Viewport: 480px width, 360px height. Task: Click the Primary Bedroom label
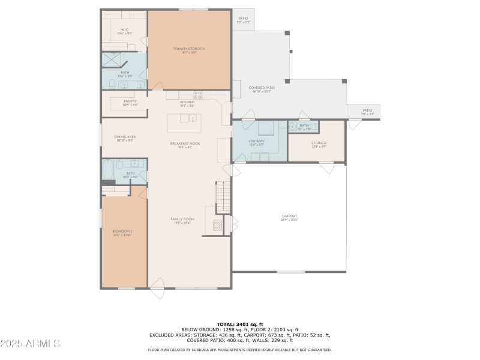[x=189, y=49]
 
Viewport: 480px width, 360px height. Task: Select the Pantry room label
[x=130, y=101]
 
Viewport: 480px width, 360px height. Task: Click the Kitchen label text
[x=187, y=102]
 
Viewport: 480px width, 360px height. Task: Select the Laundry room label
[x=257, y=142]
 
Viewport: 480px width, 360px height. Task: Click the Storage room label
[x=319, y=143]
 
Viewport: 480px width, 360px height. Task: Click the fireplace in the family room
[x=219, y=226]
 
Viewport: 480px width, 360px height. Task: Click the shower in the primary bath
[x=112, y=59]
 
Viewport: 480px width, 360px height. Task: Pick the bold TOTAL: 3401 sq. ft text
[x=239, y=324]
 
